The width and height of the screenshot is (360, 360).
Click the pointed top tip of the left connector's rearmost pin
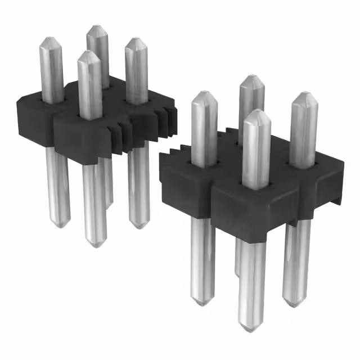coord(97,27)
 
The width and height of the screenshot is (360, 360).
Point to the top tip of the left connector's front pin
coord(88,53)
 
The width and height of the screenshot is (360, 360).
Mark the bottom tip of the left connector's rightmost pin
coord(138,226)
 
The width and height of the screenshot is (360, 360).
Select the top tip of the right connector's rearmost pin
coord(251,78)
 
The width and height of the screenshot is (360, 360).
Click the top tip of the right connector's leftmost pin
coord(203,93)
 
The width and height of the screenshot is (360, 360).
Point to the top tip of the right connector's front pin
coord(256,112)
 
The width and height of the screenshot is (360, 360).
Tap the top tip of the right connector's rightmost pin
coord(304,94)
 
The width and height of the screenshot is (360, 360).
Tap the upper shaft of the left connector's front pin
coord(90,84)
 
